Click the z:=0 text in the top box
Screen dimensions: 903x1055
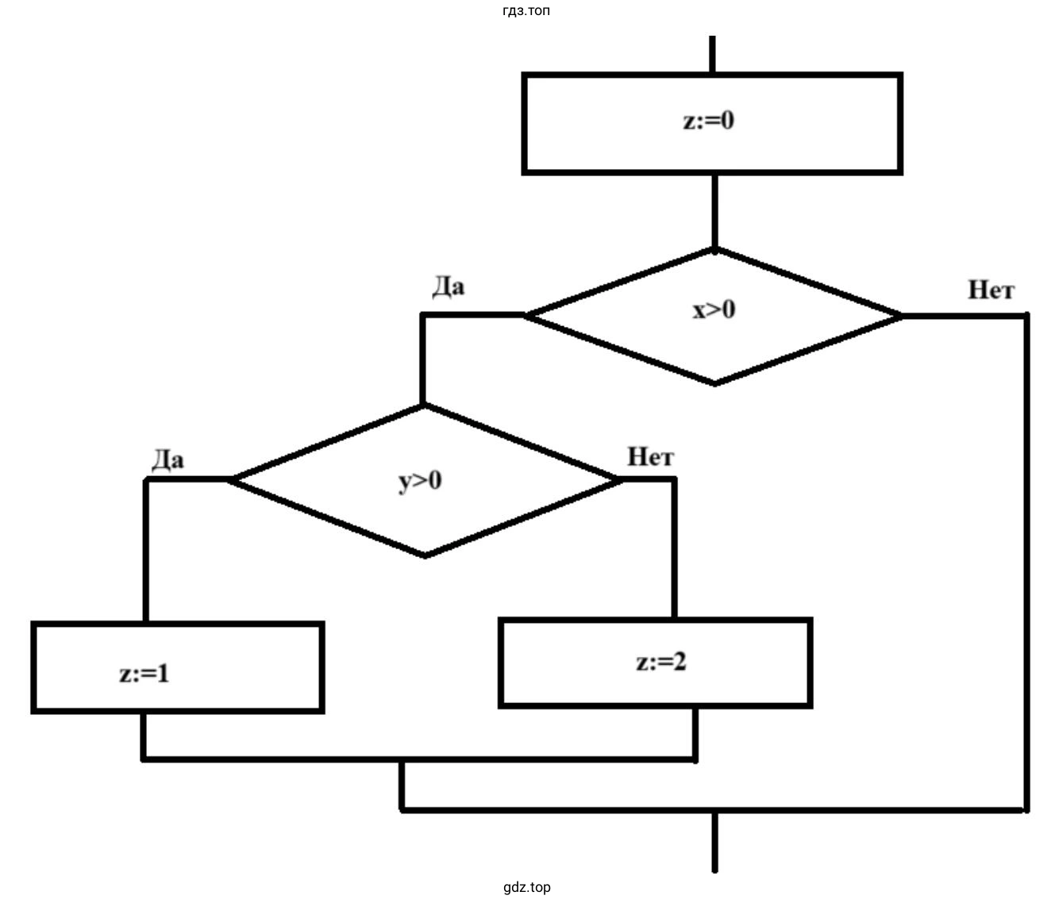click(709, 121)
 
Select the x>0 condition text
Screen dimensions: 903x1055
click(714, 309)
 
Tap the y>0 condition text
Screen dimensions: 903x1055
click(420, 481)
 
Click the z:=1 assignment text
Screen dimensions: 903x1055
click(144, 674)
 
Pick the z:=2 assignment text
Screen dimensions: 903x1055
click(660, 662)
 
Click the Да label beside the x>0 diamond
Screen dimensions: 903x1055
click(449, 286)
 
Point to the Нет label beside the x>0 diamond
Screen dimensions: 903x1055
click(991, 290)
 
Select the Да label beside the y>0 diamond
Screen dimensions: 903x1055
click(167, 459)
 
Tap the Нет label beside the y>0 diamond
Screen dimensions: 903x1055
click(650, 457)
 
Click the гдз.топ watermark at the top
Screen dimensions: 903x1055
click(526, 11)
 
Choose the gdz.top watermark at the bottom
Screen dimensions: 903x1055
click(526, 887)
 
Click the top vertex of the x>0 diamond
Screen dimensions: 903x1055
click(714, 250)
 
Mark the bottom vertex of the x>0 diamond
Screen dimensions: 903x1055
click(714, 383)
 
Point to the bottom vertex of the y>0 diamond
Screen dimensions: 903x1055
click(425, 555)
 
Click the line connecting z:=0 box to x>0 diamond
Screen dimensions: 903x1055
click(714, 210)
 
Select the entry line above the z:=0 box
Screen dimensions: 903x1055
click(712, 54)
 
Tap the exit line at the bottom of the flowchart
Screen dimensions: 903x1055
click(714, 841)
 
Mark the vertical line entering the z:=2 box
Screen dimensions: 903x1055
click(674, 548)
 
